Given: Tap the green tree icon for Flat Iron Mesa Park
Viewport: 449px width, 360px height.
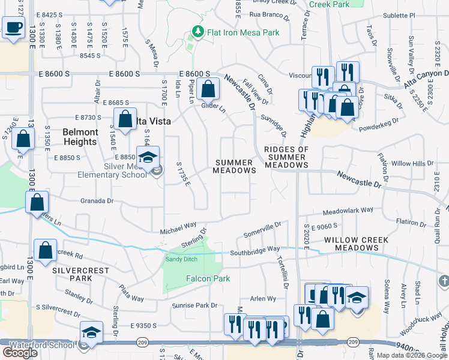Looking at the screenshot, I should click(x=196, y=31).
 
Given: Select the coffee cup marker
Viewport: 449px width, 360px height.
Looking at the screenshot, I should click(x=13, y=27).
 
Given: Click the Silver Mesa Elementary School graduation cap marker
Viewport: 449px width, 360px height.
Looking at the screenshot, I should click(x=147, y=158).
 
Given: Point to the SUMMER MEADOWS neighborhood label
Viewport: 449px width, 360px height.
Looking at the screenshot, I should click(x=235, y=166).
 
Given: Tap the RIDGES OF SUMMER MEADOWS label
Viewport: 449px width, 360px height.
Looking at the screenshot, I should click(x=286, y=157).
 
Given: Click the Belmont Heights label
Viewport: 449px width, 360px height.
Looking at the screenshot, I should click(x=80, y=137).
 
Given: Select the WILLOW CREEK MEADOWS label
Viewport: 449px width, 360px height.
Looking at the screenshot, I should click(x=356, y=244).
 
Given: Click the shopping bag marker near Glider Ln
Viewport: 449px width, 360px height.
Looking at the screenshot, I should click(x=207, y=89).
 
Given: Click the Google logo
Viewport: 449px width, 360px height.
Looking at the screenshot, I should click(x=20, y=353).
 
